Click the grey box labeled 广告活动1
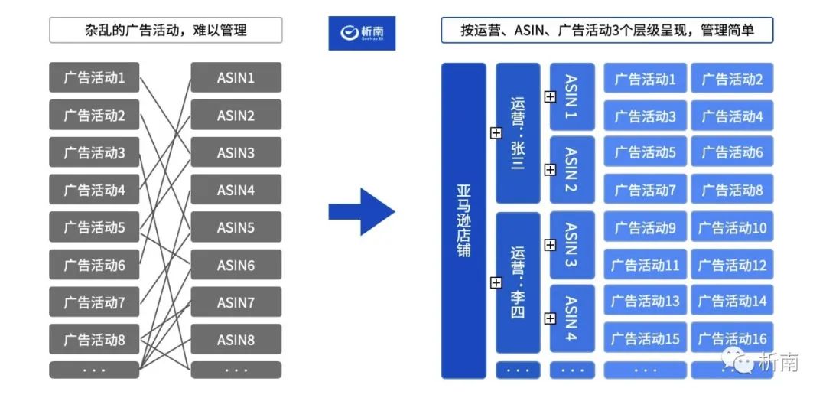pos(94,78)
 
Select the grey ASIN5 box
pos(236,227)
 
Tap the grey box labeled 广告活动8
pos(94,339)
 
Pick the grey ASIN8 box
pos(236,339)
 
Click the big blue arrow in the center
pos(361,210)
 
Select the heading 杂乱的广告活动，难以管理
pos(166,31)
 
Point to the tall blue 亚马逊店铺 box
pos(463,220)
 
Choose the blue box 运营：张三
pos(518,133)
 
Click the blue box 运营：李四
pos(518,282)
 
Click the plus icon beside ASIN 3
pos(550,245)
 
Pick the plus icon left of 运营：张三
pos(496,133)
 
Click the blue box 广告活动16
pos(732,338)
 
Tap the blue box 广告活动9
pos(645,227)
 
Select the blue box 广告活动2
pos(732,78)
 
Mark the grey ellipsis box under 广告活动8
pos(94,370)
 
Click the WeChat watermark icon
pos(740,360)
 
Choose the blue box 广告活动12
pos(732,265)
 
